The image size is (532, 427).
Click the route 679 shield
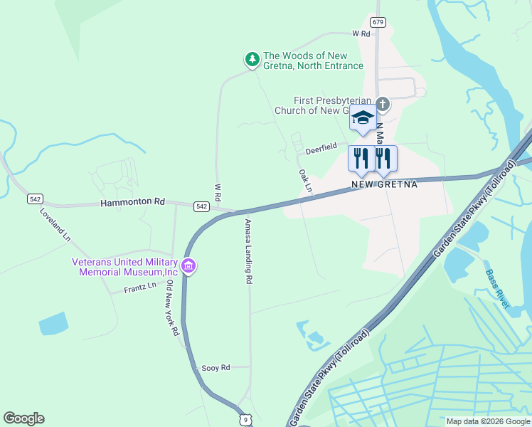click(378, 22)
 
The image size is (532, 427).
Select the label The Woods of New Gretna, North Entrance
click(313, 60)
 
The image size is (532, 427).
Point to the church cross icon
click(383, 105)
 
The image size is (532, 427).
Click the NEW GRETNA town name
click(384, 184)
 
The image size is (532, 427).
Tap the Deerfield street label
click(321, 148)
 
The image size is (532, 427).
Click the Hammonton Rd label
click(132, 202)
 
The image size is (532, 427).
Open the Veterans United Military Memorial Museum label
click(124, 266)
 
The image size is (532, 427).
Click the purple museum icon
click(188, 267)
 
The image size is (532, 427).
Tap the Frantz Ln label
click(140, 288)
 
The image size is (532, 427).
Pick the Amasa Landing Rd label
click(248, 251)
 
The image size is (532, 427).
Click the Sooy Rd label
click(216, 367)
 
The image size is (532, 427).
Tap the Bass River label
click(498, 288)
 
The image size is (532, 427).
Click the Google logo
click(24, 418)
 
